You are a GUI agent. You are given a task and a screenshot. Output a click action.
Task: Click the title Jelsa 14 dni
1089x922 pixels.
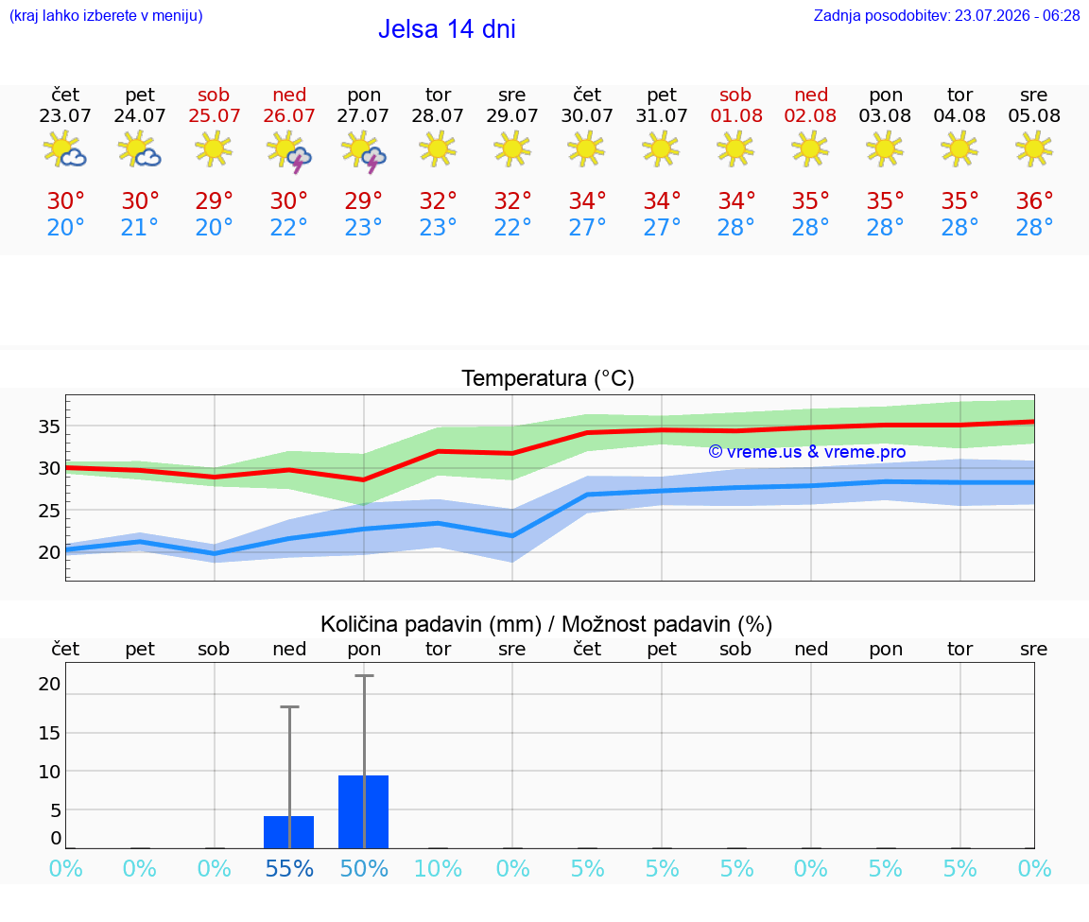point(446,29)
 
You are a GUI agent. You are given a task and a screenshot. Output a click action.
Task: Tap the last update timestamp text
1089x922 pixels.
point(946,15)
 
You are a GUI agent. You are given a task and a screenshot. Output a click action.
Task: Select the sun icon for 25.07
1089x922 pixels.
point(214,148)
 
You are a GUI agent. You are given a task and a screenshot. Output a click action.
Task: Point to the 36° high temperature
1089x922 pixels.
point(1034,200)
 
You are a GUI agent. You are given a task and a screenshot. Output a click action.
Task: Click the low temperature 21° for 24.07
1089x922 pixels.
point(140,227)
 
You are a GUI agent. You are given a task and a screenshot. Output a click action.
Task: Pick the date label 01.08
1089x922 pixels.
point(736,115)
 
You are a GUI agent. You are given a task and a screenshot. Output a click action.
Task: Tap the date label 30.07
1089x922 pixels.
point(587,115)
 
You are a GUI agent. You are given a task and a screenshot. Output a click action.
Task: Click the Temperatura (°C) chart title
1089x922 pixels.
point(548,378)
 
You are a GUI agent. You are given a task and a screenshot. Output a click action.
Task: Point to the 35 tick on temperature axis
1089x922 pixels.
point(49,426)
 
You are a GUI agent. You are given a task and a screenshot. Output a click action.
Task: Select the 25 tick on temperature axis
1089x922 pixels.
point(49,511)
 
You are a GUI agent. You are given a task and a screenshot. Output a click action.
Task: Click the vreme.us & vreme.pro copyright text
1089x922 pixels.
point(807,452)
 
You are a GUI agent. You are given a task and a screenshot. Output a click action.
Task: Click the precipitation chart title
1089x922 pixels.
point(546,625)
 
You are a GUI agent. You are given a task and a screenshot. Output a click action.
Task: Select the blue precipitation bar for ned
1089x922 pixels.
point(289,831)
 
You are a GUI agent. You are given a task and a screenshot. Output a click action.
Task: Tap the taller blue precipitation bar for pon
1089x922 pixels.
point(363,811)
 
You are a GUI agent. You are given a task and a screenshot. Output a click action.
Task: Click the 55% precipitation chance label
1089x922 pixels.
point(289,869)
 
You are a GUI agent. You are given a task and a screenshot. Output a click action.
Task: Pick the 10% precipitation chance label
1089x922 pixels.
point(439,869)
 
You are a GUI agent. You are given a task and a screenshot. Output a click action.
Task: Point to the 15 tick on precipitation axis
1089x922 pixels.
point(49,733)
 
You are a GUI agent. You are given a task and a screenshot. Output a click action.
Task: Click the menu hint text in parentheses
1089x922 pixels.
point(106,15)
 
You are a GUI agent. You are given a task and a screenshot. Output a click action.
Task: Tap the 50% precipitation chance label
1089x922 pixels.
point(364,869)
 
